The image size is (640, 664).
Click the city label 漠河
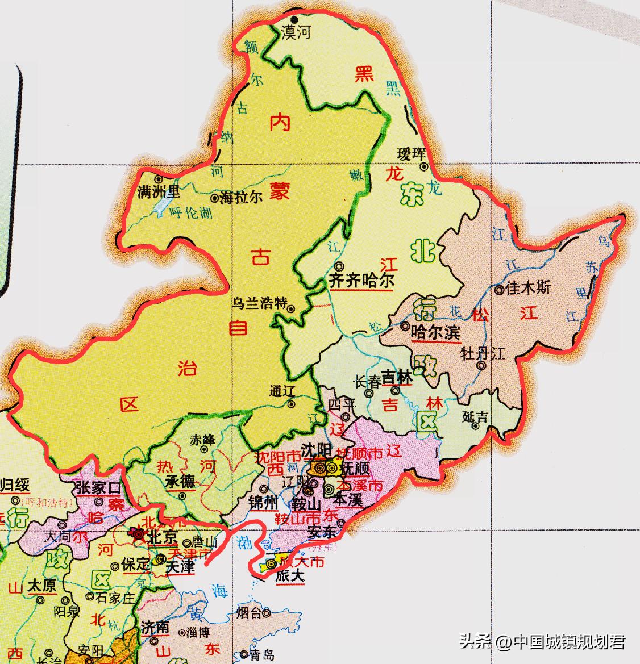[297, 33]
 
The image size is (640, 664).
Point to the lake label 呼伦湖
[190, 213]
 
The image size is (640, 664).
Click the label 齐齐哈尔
[361, 280]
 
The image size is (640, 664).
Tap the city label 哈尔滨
[435, 332]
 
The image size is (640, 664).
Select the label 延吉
[475, 416]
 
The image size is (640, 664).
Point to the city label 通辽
[284, 391]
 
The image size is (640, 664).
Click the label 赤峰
[203, 439]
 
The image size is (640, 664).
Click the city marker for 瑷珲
[424, 167]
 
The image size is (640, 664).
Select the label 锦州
[263, 503]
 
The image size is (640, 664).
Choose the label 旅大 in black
[290, 576]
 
